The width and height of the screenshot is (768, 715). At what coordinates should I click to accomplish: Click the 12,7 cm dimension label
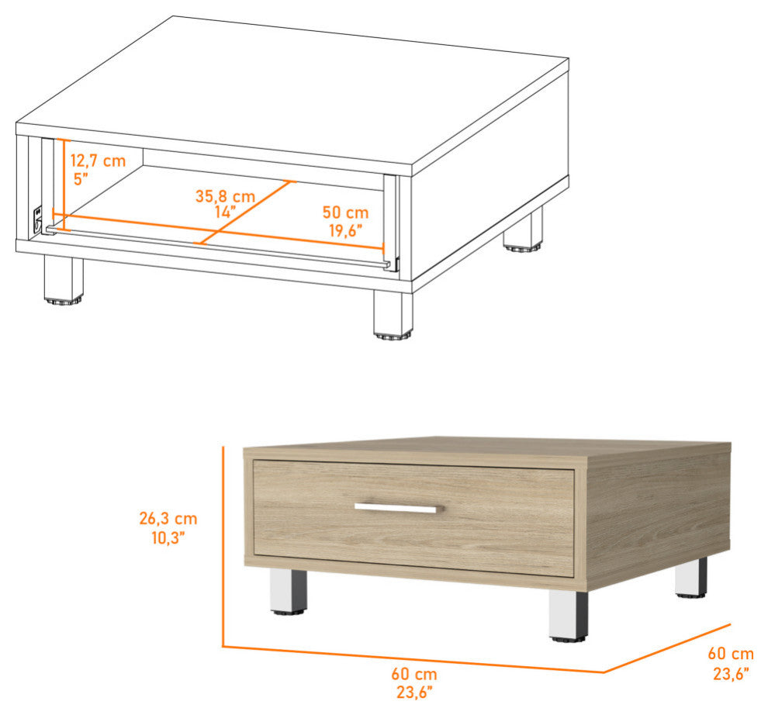[x=98, y=161]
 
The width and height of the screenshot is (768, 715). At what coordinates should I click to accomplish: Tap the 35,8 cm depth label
[x=225, y=196]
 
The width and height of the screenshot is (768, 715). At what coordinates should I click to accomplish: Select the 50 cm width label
[x=345, y=212]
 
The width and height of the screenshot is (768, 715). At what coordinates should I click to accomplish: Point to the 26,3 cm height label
[x=168, y=518]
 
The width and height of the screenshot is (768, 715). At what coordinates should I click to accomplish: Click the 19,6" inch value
[x=345, y=230]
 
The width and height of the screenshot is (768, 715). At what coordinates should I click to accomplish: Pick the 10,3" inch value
[x=168, y=537]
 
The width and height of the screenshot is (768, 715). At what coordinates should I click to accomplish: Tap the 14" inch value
[x=225, y=212]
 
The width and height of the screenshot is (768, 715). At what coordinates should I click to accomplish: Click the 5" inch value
[x=81, y=178]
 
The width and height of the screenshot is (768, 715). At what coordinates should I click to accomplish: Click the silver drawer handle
[x=399, y=508]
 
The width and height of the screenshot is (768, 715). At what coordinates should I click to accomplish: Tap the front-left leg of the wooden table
[x=289, y=592]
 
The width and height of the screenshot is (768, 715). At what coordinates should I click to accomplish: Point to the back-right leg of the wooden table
[x=691, y=578]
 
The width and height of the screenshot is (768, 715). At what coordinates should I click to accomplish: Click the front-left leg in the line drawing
[x=64, y=280]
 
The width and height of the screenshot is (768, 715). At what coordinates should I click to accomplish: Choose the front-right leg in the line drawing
[x=393, y=314]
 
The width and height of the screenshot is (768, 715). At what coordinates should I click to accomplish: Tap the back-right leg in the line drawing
[x=523, y=230]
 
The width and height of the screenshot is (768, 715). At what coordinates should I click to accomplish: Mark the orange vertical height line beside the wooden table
[x=223, y=547]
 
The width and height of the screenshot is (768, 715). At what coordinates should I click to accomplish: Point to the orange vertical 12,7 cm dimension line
[x=63, y=185]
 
